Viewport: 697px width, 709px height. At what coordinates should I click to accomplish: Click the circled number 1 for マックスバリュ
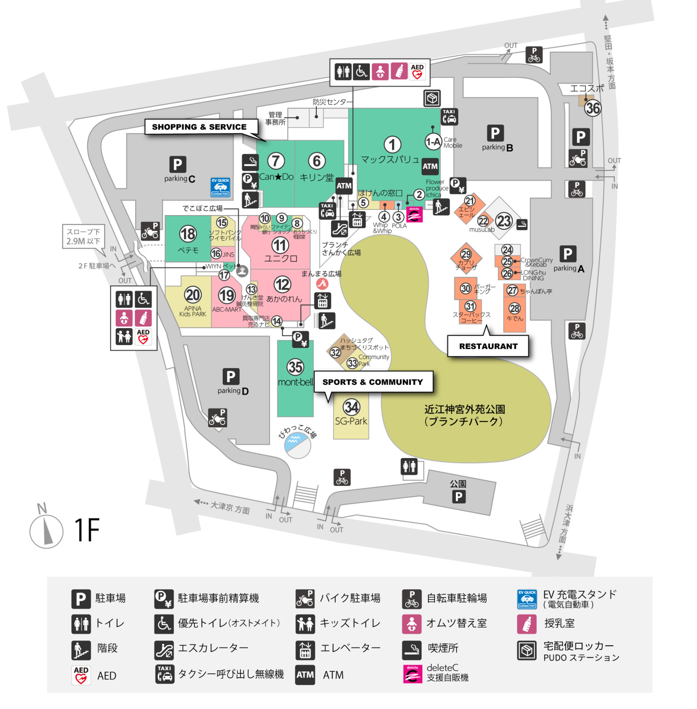(x=392, y=145)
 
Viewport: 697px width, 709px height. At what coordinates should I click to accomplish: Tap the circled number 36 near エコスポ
(x=592, y=108)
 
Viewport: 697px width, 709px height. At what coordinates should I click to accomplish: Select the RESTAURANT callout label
(x=488, y=346)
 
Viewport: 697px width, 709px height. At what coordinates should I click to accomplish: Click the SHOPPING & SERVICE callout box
(x=199, y=127)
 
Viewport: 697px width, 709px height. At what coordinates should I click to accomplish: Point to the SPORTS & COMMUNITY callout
(x=373, y=382)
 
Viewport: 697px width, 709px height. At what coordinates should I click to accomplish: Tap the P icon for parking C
(x=177, y=164)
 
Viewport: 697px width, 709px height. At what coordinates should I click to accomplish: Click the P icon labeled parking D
(x=231, y=377)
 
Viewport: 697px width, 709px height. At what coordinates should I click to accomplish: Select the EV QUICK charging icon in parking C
(x=220, y=187)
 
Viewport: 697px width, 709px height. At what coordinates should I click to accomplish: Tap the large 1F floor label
(x=87, y=530)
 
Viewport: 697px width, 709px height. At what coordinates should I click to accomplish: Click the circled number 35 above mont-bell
(x=296, y=367)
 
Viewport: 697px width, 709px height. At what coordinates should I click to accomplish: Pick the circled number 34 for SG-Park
(x=351, y=407)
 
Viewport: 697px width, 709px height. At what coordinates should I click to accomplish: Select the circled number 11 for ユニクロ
(x=280, y=245)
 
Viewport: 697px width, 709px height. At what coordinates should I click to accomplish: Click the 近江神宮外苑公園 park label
(x=464, y=415)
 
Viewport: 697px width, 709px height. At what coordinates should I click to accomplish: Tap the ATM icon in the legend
(x=305, y=675)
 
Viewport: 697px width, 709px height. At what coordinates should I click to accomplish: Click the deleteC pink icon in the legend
(x=412, y=674)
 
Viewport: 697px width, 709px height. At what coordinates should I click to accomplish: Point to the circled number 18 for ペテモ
(x=188, y=233)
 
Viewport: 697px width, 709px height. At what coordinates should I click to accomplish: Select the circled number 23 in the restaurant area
(x=504, y=221)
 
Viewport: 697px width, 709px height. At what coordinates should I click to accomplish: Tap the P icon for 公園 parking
(x=458, y=497)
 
